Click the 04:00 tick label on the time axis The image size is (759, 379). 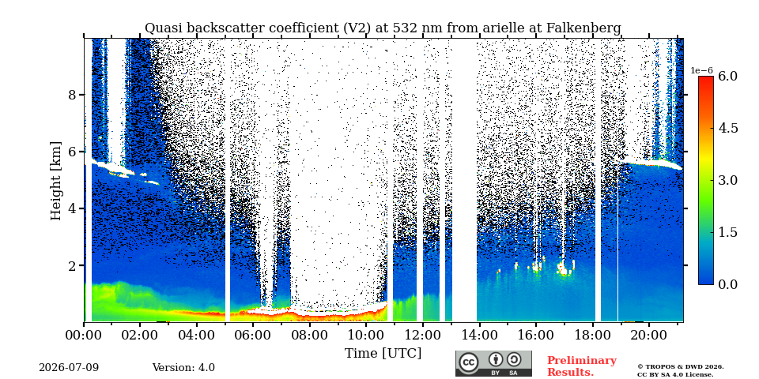coord(197,334)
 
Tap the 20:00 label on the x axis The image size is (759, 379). coord(649,334)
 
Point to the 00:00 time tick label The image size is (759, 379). coord(84,334)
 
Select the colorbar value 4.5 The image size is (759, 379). coord(727,128)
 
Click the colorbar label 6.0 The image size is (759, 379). coord(727,76)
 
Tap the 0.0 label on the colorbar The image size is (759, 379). coord(727,284)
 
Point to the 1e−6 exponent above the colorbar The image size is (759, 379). coord(701,70)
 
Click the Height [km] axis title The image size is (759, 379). coord(57,180)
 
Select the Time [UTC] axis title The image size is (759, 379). coord(383,354)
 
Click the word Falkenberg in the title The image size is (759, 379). coord(583,28)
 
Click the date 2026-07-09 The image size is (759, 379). coord(69,368)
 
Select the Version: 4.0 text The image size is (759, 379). coord(183,368)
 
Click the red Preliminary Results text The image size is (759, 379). coord(582,366)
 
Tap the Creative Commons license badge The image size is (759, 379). coord(493,363)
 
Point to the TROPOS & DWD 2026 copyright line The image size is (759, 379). coord(681,367)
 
